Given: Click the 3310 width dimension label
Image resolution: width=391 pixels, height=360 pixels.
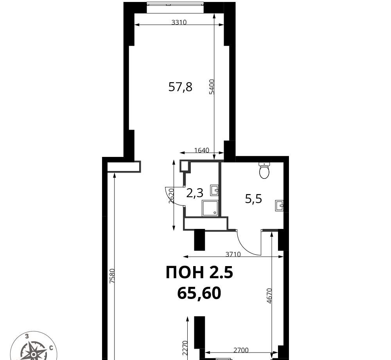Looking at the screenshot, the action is [179, 22].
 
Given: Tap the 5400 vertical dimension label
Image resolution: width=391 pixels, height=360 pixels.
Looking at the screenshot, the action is [212, 86].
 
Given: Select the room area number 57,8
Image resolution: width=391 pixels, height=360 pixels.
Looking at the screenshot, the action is [180, 87].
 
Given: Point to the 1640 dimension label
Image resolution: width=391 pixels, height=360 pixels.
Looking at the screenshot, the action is [201, 150].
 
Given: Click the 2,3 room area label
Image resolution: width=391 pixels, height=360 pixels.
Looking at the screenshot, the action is [195, 193].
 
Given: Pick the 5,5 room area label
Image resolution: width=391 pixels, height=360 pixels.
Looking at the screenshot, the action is [253, 199].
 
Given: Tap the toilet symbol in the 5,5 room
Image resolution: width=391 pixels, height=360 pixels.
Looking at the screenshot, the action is [264, 170].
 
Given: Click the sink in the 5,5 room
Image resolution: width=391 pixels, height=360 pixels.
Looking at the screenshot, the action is [279, 206].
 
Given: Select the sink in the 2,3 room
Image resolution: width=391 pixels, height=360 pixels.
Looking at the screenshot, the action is [215, 190].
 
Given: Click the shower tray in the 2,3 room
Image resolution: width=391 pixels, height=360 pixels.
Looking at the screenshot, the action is [210, 208].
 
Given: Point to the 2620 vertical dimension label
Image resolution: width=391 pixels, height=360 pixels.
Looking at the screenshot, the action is [171, 196].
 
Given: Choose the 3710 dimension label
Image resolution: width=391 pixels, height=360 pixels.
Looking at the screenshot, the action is [233, 254].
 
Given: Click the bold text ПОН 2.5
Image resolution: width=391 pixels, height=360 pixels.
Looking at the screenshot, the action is [199, 272].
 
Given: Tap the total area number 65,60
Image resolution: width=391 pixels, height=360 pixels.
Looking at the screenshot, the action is [199, 293].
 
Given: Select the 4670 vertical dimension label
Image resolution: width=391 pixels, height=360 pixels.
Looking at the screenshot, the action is [269, 296].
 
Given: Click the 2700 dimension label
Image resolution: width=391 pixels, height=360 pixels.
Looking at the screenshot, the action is [241, 351].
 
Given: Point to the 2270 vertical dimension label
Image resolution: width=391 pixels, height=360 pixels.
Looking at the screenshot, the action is [185, 348].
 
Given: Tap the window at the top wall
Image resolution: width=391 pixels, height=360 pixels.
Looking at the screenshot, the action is [176, 7].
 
